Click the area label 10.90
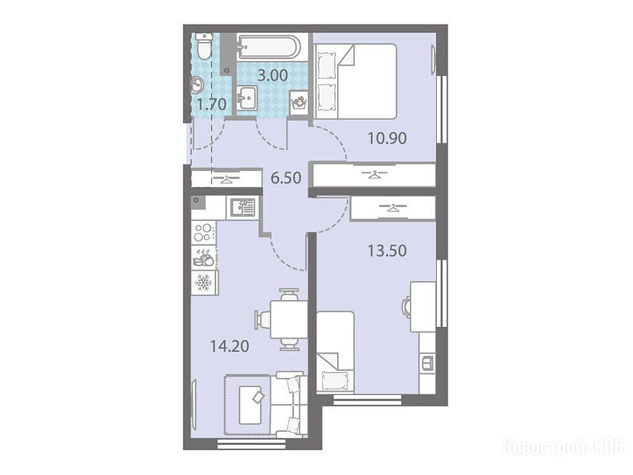[x=387, y=139]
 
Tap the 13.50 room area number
[x=387, y=251]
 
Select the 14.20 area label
[x=229, y=346]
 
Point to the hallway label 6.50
[x=286, y=178]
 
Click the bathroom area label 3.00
[x=273, y=75]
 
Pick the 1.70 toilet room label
[x=211, y=105]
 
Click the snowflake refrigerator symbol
[x=204, y=282]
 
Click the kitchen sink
[x=242, y=208]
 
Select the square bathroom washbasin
[x=246, y=97]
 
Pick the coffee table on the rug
[x=250, y=404]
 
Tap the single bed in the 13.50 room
[x=336, y=351]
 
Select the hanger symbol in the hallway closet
[x=226, y=178]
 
